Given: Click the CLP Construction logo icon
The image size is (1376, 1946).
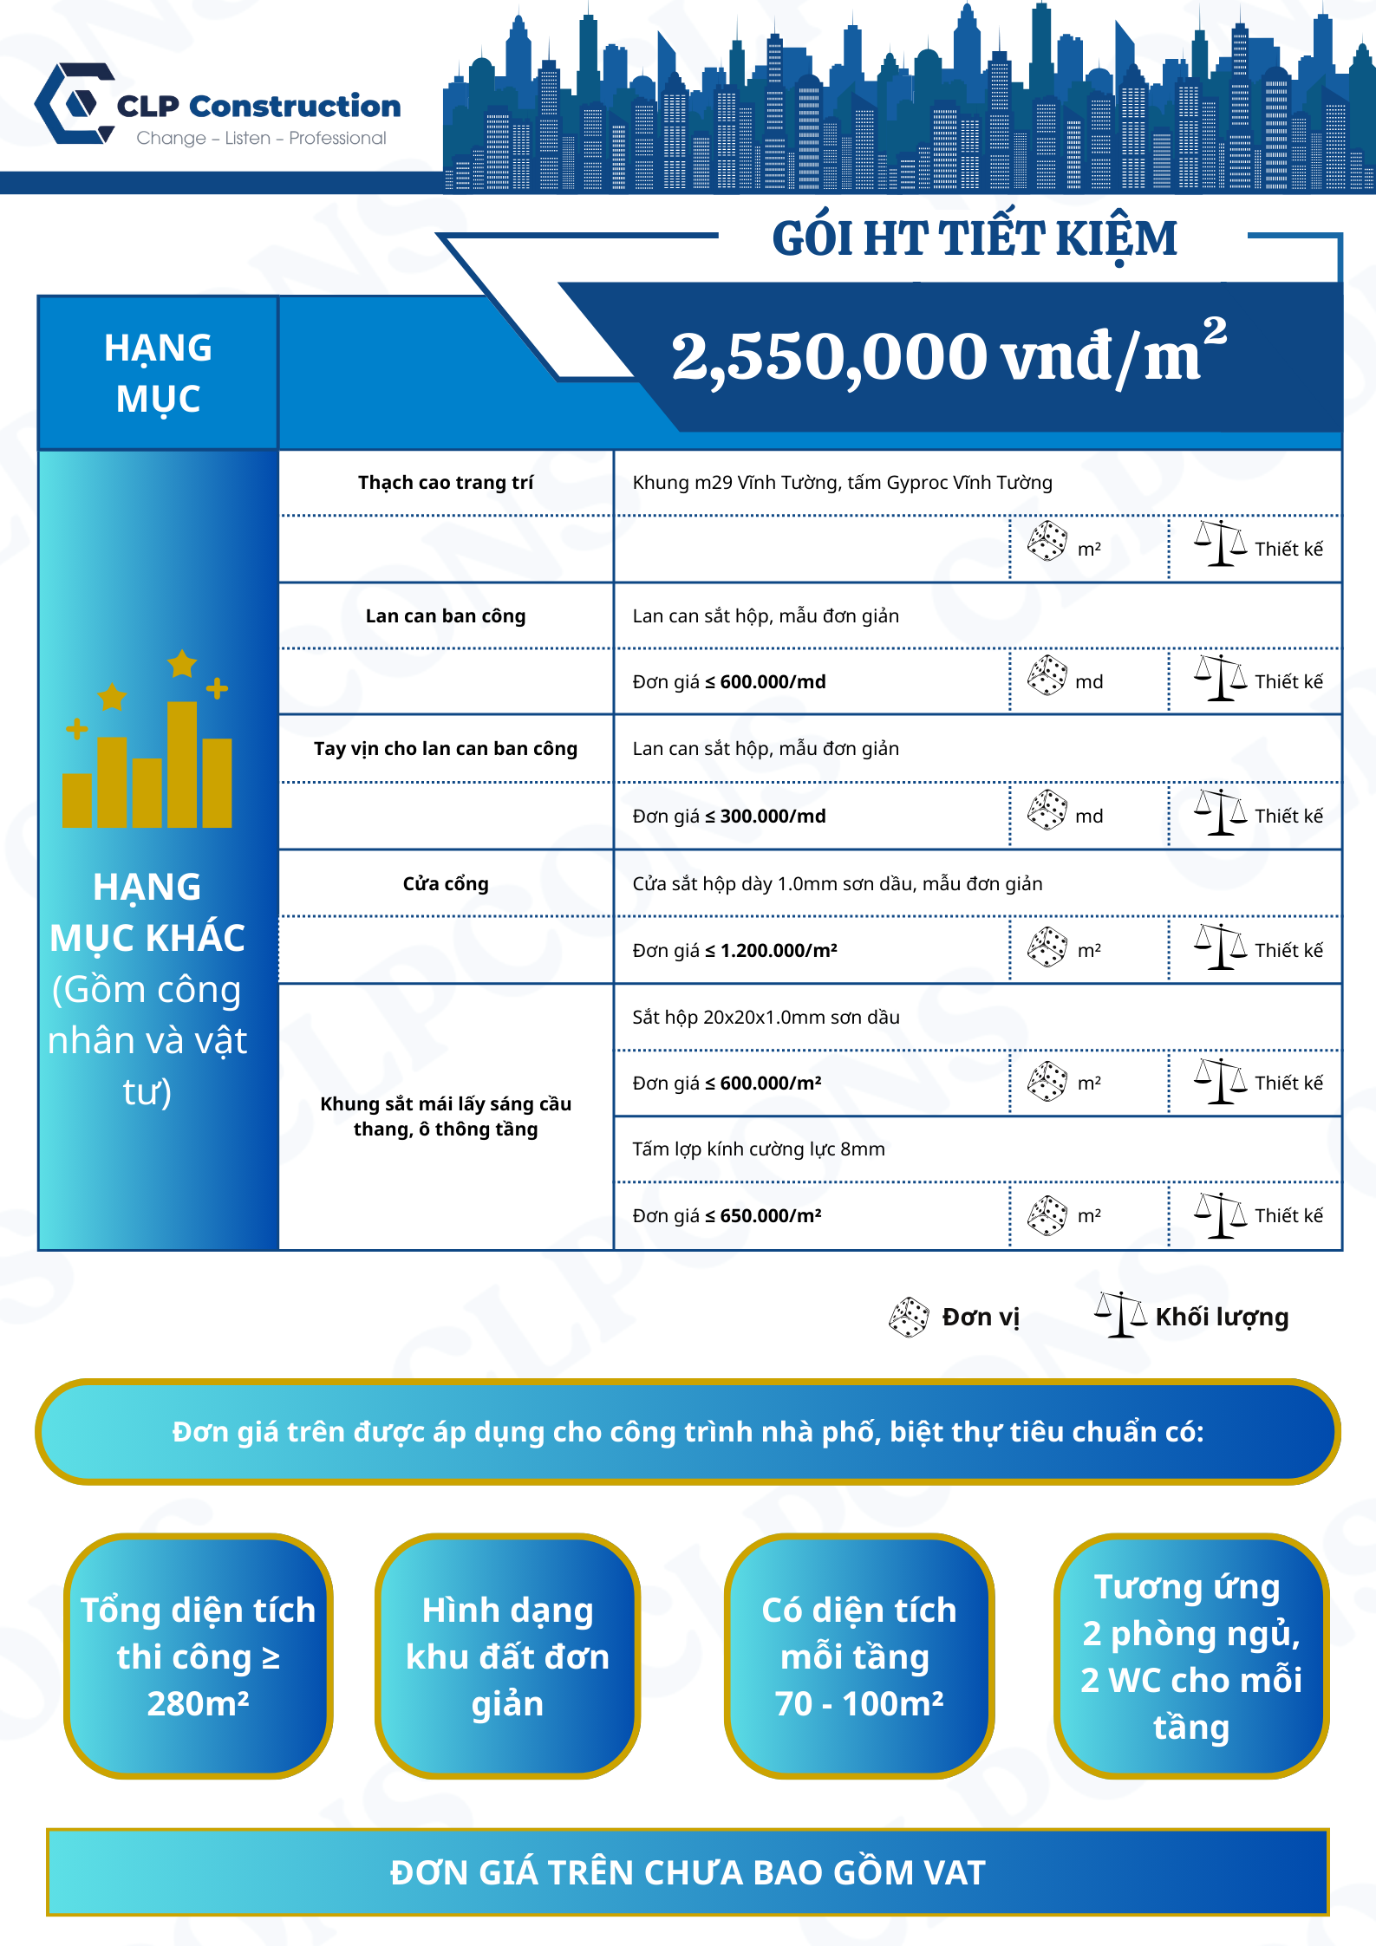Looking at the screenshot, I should point(75,104).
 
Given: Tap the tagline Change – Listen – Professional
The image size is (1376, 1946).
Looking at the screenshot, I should point(261,139).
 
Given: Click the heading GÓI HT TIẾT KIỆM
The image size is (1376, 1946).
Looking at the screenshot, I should point(974,238).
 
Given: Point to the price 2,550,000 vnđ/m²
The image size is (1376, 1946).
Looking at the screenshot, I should point(949,356).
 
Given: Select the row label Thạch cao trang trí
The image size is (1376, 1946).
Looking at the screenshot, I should point(446,483).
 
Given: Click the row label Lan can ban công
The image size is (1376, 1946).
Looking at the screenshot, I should point(446,616).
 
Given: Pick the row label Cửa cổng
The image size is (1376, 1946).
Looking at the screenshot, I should point(446,884).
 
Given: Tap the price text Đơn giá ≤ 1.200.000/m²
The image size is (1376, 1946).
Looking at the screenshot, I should point(734,951).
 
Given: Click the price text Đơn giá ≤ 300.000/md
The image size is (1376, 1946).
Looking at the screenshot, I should point(728,817).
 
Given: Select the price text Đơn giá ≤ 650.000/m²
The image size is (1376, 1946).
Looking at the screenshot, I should point(727,1216).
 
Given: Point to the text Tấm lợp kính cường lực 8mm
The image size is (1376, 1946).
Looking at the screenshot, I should point(759,1149).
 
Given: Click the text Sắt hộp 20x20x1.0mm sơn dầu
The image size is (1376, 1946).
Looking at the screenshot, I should point(766,1018).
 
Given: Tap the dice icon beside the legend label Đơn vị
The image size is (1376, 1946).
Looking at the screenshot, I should point(909,1318).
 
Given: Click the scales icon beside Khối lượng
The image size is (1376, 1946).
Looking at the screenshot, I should point(1120,1315).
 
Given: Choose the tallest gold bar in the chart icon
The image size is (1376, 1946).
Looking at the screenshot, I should point(182,764).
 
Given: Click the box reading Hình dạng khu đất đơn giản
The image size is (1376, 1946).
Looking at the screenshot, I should point(507,1656).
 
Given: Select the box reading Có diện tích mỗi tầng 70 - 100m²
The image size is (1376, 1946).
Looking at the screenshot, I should point(858,1656).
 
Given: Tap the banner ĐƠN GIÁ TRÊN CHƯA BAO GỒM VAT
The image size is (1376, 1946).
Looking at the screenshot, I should point(688,1872).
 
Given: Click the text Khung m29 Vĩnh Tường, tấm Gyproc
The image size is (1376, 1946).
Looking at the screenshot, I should point(842,483).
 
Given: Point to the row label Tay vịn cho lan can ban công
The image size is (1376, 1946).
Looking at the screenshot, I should point(446,749).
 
